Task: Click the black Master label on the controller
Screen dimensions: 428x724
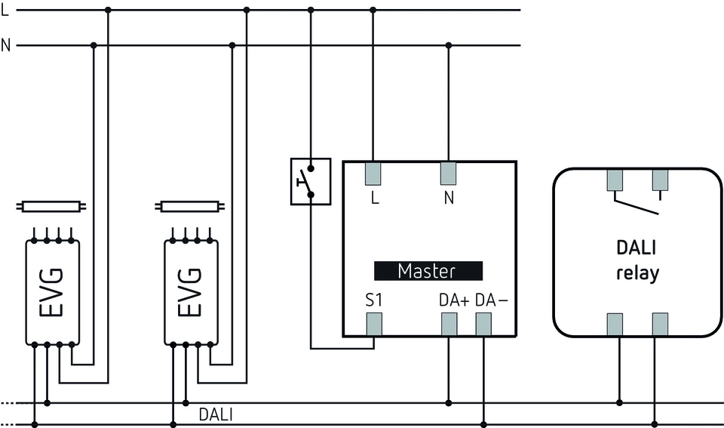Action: [427, 271]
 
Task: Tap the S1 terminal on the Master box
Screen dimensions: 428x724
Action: [373, 325]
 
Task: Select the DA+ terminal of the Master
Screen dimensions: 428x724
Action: [449, 325]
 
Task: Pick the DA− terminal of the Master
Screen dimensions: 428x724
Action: [483, 325]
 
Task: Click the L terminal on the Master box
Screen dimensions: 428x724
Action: [373, 174]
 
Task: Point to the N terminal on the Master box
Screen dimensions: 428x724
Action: [449, 174]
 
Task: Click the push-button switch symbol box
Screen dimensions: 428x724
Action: [311, 181]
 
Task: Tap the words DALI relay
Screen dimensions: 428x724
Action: [637, 261]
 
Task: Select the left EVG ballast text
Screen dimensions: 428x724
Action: [52, 292]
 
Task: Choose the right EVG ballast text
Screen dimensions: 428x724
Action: [191, 292]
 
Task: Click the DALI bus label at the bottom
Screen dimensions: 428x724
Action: [216, 414]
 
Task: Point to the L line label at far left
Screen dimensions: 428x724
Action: [5, 10]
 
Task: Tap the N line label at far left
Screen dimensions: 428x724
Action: [6, 45]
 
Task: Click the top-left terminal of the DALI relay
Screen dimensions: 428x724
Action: [615, 180]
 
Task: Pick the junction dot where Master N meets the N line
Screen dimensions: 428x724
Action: [449, 45]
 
